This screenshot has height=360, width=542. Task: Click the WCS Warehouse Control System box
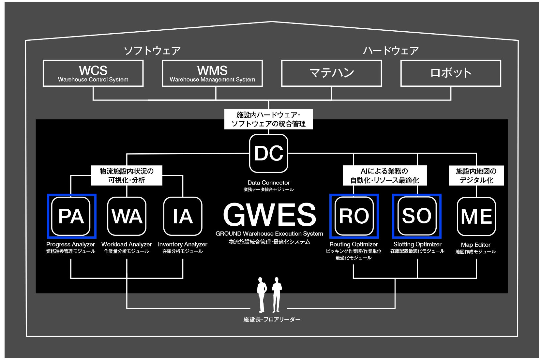(93, 73)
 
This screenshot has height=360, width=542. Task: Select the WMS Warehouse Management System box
(212, 73)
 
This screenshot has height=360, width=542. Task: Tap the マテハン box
(331, 73)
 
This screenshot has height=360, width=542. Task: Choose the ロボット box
(451, 73)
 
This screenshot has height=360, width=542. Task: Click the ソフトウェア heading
(152, 51)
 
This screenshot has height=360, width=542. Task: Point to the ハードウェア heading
(391, 51)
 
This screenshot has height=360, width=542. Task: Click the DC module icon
(268, 153)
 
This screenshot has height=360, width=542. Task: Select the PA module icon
(71, 216)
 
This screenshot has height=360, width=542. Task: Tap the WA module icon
(127, 216)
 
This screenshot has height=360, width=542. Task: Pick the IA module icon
(183, 216)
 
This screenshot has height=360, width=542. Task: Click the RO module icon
(354, 216)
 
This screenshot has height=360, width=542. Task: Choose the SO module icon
(417, 216)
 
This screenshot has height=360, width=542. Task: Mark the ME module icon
(476, 216)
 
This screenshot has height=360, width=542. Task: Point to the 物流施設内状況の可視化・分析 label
(127, 175)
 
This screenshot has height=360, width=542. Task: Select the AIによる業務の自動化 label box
(384, 175)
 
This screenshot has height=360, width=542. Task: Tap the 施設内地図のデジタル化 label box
(476, 175)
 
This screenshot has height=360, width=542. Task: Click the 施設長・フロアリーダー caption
(272, 320)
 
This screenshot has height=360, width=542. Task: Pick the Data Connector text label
(268, 183)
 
